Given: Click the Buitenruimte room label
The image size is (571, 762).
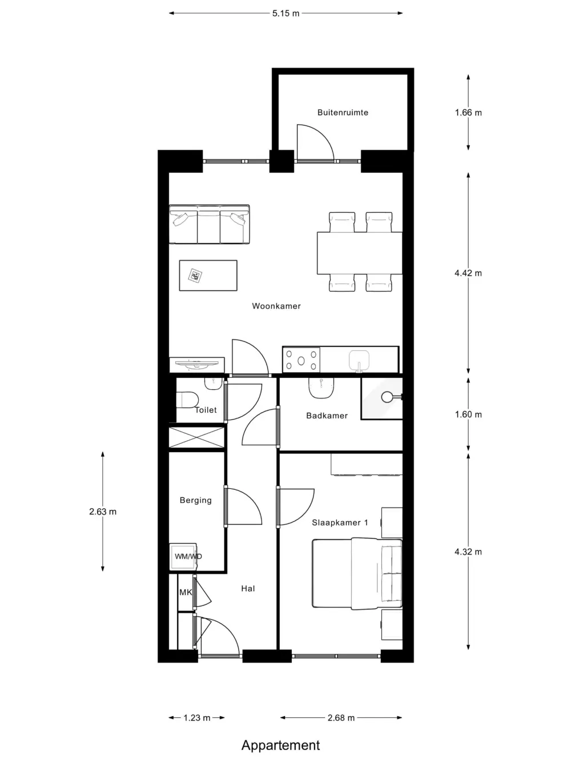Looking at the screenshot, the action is tap(343, 113).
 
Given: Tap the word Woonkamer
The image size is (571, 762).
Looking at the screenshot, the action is tap(276, 306).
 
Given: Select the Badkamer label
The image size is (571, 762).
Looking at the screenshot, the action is tap(327, 416).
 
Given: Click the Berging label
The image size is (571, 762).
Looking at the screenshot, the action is tap(195, 500).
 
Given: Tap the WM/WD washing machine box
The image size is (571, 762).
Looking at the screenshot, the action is tap(183, 556).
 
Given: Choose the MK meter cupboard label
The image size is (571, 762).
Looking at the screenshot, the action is tap(186, 592).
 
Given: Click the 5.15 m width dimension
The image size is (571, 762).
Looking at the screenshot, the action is tap(285, 14).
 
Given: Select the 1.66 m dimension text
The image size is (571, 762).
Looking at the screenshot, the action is tap(468, 113).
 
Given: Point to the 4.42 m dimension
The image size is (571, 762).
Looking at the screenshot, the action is tap(468, 273).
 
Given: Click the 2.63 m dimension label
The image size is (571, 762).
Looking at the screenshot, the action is tap(103, 512).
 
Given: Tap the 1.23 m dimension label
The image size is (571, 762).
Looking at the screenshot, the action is tap(197, 717).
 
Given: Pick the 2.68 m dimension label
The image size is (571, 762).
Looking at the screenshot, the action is tap(341, 717).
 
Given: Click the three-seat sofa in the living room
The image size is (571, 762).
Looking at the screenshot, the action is tap(210, 224).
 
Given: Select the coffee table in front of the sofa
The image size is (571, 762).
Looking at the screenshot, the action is tap(208, 276).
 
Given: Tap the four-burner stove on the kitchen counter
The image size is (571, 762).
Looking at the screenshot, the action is tap(301, 360).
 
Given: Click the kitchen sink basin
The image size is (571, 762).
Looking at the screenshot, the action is tap(359, 360).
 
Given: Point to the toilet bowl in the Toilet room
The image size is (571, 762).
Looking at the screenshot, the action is tap(187, 400).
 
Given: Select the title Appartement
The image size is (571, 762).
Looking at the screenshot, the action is tap(281, 745).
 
